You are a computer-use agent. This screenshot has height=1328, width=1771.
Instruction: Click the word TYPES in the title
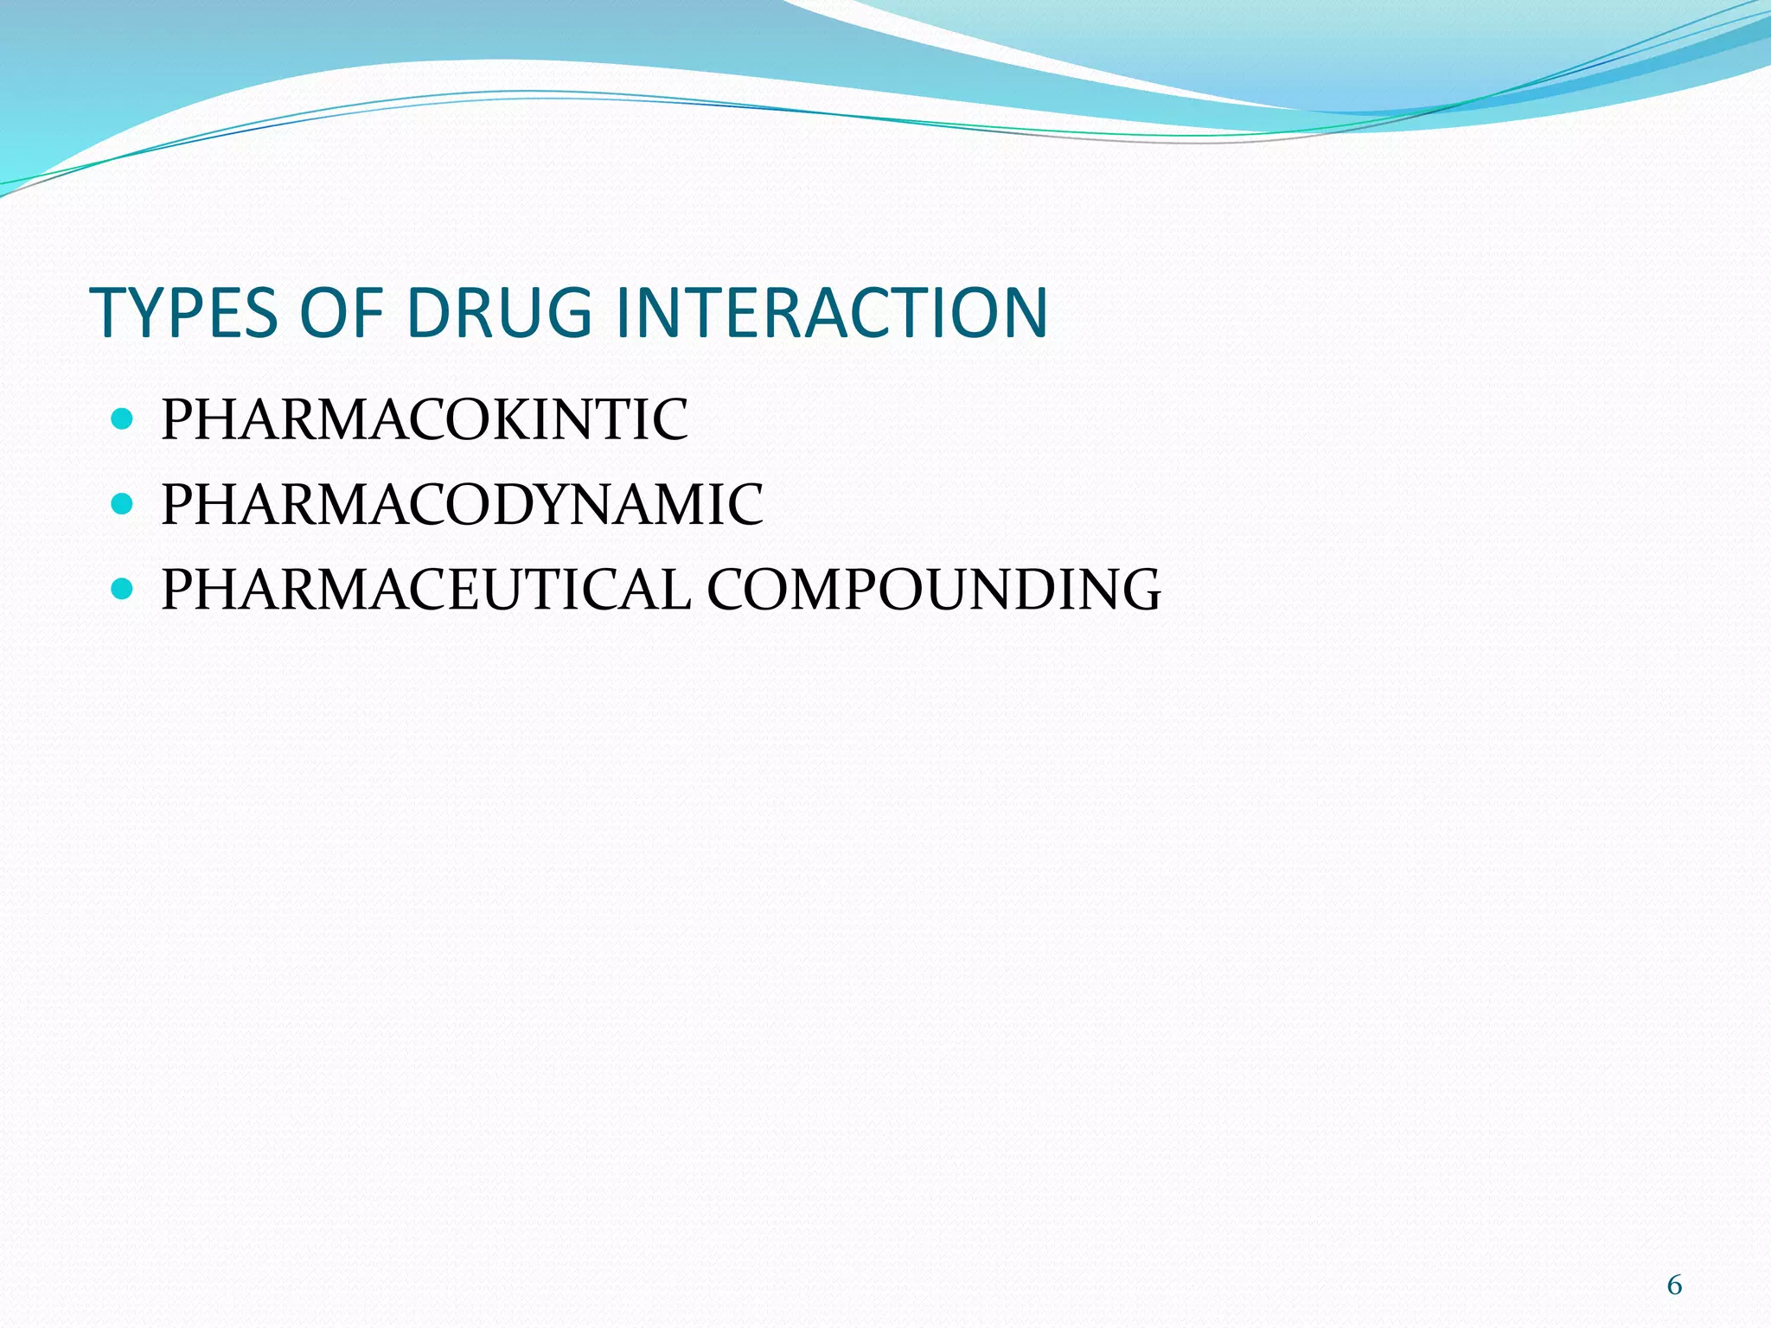coord(184,312)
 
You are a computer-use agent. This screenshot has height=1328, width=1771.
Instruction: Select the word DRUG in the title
coord(499,312)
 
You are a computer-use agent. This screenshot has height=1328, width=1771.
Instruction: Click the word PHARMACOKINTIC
coord(425,420)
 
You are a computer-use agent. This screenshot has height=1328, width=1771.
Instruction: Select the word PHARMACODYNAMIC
coord(463,504)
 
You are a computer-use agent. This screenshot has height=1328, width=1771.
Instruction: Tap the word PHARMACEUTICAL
coord(426,590)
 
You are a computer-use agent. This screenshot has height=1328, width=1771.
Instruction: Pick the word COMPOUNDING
coord(934,590)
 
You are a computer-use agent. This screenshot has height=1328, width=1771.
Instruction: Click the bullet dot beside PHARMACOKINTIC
coord(122,420)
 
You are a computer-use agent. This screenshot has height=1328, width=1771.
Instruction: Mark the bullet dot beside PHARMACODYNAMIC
coord(122,504)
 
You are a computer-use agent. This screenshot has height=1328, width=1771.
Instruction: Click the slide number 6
coord(1674,1286)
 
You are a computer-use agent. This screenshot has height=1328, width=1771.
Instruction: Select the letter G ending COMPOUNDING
coord(1137,590)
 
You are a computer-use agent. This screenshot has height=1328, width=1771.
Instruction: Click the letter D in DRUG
coord(430,312)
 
